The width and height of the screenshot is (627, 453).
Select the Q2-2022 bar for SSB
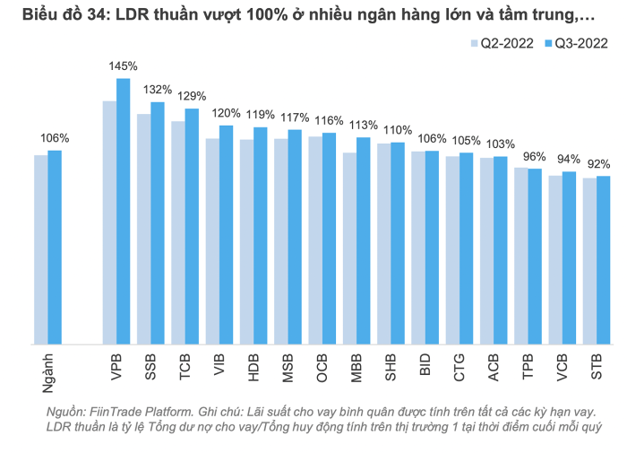point(143,229)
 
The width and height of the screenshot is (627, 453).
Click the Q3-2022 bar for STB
point(603,259)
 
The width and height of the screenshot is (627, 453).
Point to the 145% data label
point(123,65)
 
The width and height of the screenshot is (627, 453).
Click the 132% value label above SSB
point(158,90)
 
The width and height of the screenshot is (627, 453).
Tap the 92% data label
point(598,164)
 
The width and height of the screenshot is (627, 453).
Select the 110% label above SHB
point(398,130)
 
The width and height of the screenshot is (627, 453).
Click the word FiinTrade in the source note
point(116,412)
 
